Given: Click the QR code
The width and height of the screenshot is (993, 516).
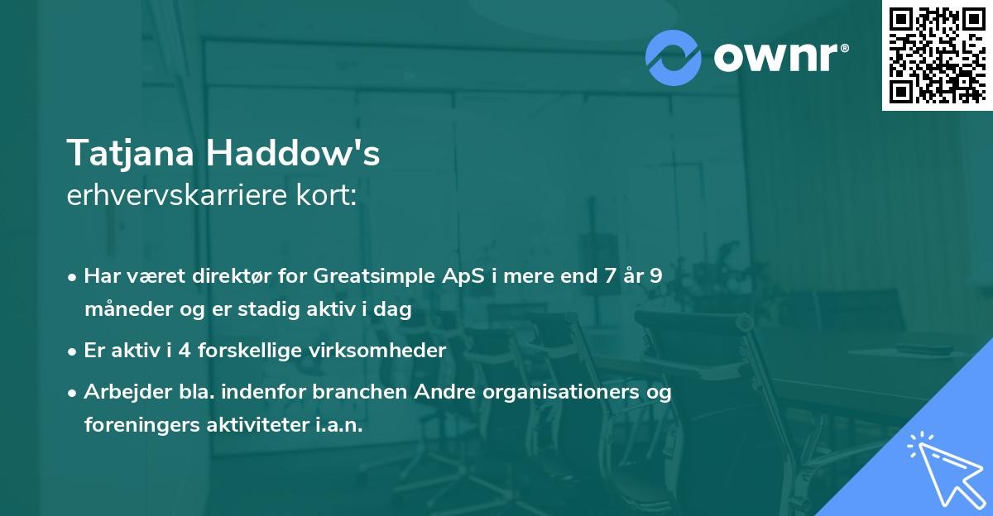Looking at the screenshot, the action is (937, 55).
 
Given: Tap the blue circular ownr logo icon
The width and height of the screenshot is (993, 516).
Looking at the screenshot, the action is (673, 58).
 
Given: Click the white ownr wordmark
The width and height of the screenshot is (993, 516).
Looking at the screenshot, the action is (781, 57).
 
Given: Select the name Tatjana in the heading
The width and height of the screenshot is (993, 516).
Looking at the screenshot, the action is (131, 153).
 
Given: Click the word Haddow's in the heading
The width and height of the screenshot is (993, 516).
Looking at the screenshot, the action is (293, 153).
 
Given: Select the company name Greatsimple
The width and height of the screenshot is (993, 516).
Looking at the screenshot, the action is (374, 276).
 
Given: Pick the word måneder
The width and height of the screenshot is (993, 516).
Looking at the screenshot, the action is (129, 308).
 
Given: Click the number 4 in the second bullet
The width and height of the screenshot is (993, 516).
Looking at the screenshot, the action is (185, 351).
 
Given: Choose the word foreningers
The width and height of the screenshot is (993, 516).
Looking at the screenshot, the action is (142, 425).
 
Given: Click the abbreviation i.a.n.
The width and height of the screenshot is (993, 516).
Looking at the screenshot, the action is (339, 425).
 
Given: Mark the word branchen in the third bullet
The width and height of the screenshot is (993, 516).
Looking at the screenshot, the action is (359, 391).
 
